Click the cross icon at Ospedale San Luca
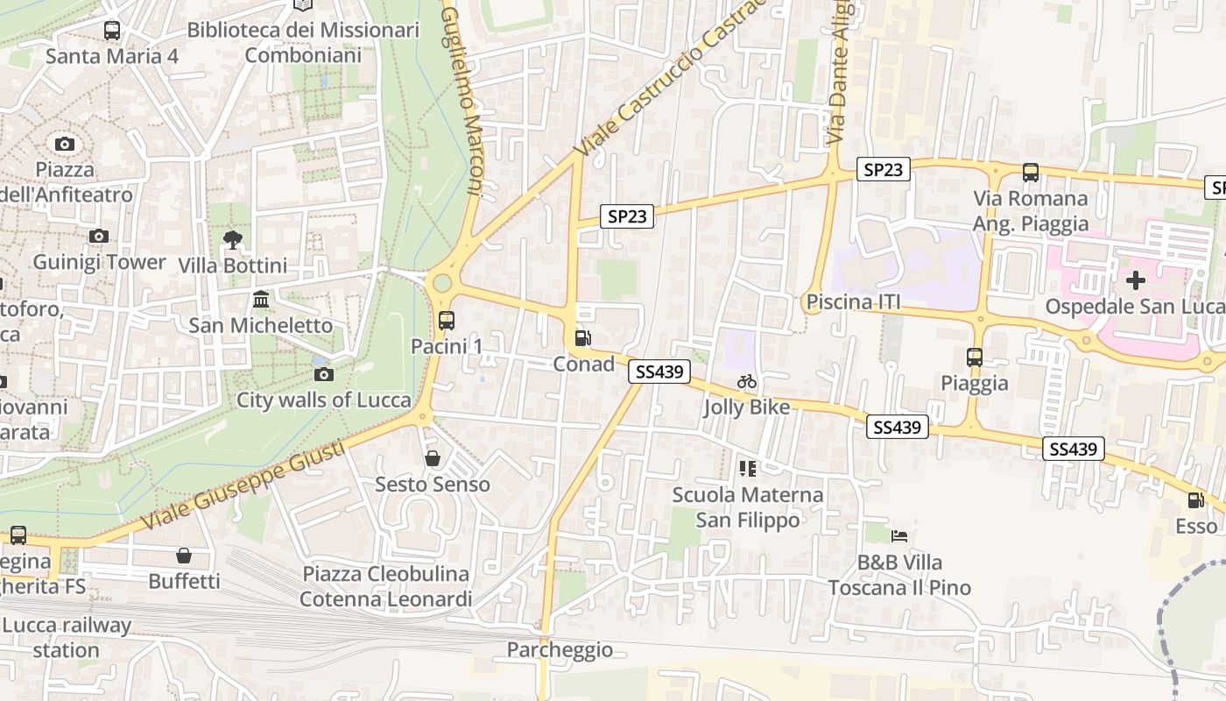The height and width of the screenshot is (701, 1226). tap(1136, 280)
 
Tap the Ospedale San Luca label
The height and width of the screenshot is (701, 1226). tap(1135, 307)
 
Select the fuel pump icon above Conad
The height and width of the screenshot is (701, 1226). tap(582, 338)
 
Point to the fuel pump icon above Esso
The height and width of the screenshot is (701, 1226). tap(1195, 500)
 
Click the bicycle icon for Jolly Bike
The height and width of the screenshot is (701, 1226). tap(747, 381)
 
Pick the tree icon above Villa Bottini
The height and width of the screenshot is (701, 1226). tap(232, 239)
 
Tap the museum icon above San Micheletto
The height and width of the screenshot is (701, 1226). tap(261, 301)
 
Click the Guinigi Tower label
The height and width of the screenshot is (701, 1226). tap(99, 262)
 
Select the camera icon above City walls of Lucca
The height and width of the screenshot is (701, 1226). tap(323, 375)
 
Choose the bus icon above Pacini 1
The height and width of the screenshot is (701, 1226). tap(447, 321)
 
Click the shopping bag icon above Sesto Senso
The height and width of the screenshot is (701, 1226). tap(433, 458)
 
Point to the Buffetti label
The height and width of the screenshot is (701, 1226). tap(184, 581)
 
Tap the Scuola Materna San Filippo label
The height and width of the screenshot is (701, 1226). tap(748, 507)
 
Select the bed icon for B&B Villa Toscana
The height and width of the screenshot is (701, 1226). tap(899, 536)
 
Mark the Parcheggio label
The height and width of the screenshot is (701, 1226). tap(560, 650)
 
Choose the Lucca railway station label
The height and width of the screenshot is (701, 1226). tap(67, 638)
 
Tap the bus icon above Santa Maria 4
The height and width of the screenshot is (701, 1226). tap(112, 31)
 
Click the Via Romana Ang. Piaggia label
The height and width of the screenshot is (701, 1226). tap(1030, 211)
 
